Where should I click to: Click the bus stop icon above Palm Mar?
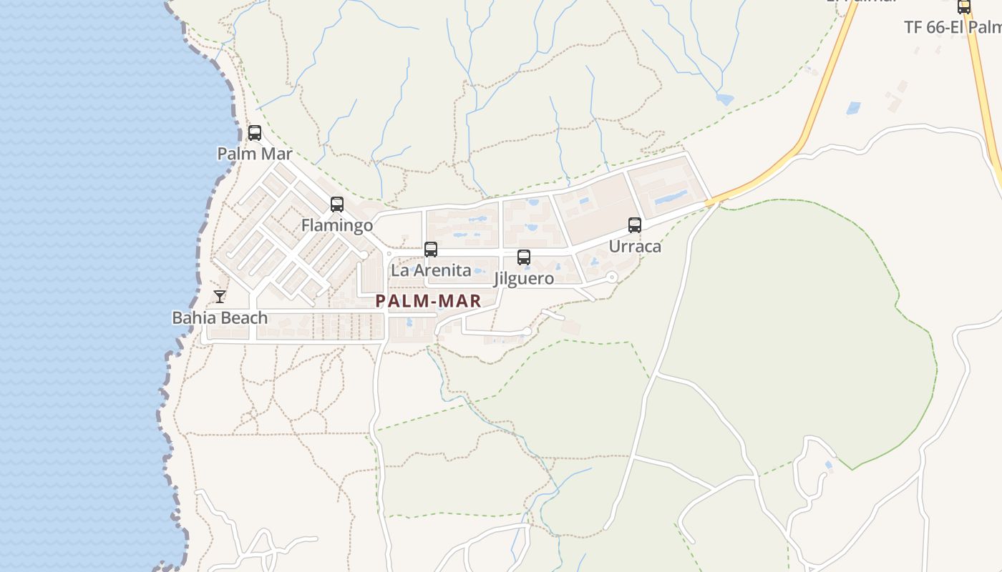255,133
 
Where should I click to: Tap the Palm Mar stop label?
255,154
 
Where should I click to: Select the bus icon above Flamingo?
337,204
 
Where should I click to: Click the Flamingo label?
337,225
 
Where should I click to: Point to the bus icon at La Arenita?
431,250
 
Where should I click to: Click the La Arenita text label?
431,270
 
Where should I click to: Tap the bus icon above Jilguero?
524,257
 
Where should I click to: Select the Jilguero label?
524,278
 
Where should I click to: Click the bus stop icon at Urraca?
635,225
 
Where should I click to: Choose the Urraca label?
635,246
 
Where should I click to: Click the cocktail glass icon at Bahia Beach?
220,297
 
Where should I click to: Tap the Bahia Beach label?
220,317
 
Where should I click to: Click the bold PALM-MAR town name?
429,301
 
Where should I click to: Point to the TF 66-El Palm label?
952,27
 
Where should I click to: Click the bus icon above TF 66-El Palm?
964,7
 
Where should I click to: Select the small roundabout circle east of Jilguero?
611,277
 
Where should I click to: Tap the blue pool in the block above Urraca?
670,195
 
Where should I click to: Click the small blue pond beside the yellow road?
853,108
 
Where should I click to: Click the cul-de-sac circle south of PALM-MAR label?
527,331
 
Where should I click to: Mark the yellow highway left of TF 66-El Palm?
830,86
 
